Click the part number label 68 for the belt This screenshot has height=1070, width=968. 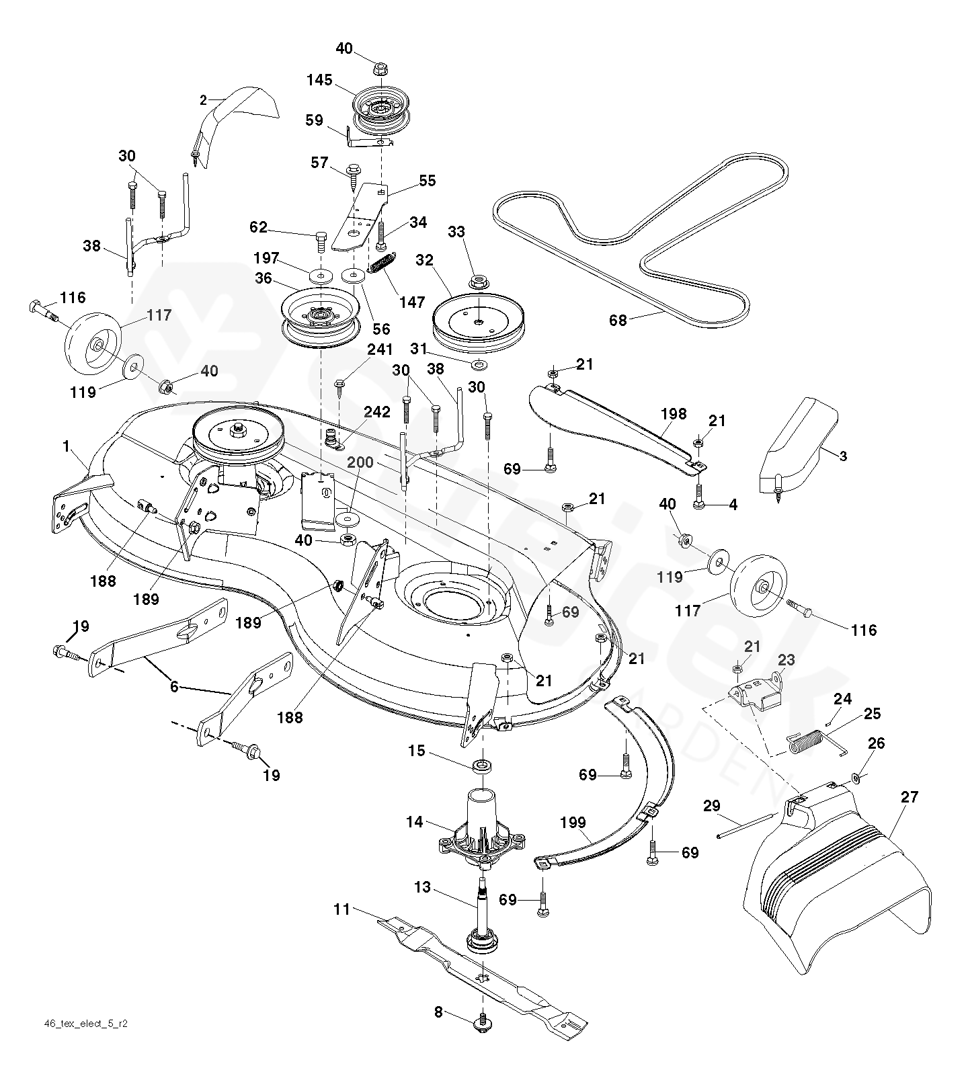[x=618, y=321]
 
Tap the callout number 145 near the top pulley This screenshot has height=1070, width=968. [x=319, y=80]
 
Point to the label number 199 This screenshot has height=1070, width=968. [x=573, y=822]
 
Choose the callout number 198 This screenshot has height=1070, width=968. [x=673, y=414]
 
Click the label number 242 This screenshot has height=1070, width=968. [x=376, y=412]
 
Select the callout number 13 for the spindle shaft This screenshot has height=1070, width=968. [x=422, y=887]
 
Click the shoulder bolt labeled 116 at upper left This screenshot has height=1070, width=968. [x=43, y=310]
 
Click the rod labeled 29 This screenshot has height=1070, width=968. [x=746, y=825]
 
